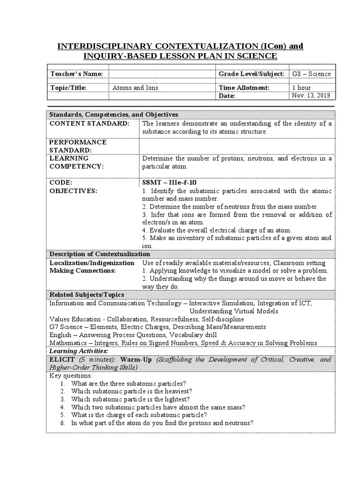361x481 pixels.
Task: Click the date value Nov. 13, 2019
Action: [x=311, y=95]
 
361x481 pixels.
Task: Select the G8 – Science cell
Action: [x=311, y=74]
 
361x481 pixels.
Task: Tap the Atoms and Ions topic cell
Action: [x=135, y=87]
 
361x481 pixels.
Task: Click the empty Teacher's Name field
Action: [x=162, y=74]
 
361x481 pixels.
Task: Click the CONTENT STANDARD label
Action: [x=89, y=123]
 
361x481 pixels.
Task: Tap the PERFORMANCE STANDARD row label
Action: [x=78, y=146]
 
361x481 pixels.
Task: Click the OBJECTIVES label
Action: [x=73, y=191]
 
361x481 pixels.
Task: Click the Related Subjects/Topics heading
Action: [x=87, y=295]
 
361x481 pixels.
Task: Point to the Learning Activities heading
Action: [x=78, y=351]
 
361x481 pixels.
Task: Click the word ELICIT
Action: [x=62, y=359]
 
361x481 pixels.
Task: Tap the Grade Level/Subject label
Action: [x=251, y=74]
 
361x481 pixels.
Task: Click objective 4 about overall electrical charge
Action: [x=217, y=230]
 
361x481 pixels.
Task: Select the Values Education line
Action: [x=147, y=319]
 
